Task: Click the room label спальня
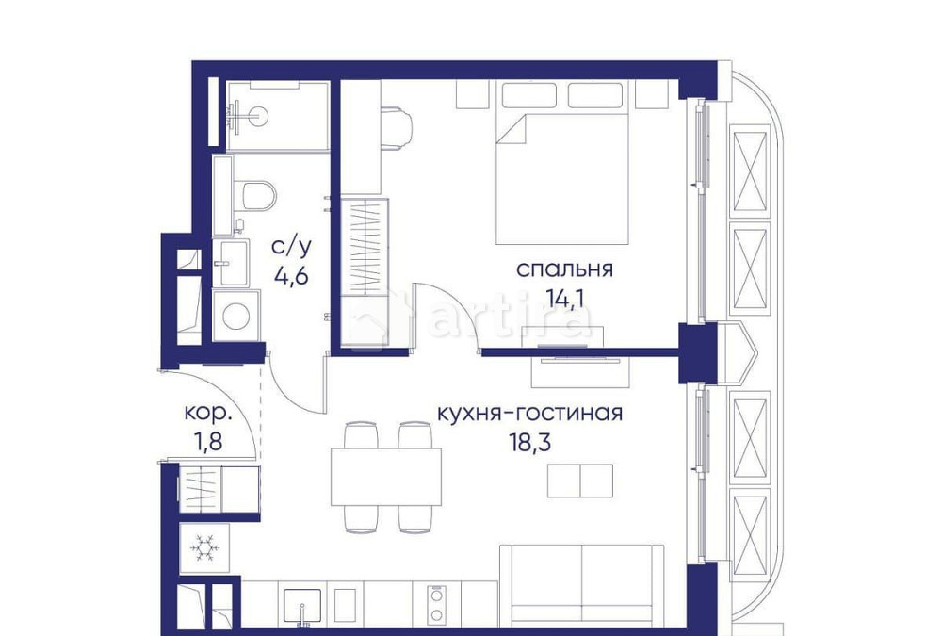564,269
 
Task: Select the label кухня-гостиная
529,413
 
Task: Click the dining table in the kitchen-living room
385,477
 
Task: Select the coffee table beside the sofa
580,480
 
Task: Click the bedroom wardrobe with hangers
364,245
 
